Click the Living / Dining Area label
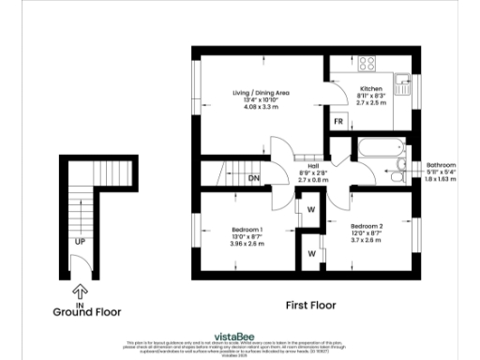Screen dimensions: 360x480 click(x=262, y=92)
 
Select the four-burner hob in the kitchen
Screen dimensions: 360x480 click(x=367, y=65)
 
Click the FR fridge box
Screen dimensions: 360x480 click(x=338, y=122)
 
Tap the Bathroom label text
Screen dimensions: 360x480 click(x=441, y=163)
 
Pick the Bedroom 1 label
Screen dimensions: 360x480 click(x=247, y=230)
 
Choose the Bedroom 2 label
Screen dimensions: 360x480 click(x=368, y=226)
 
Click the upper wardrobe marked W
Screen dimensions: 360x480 click(x=309, y=209)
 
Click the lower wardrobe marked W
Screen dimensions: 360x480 click(x=309, y=253)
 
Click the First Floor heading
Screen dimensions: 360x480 click(x=310, y=305)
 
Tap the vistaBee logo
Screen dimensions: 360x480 click(x=239, y=334)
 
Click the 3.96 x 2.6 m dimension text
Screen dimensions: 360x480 click(x=247, y=244)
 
